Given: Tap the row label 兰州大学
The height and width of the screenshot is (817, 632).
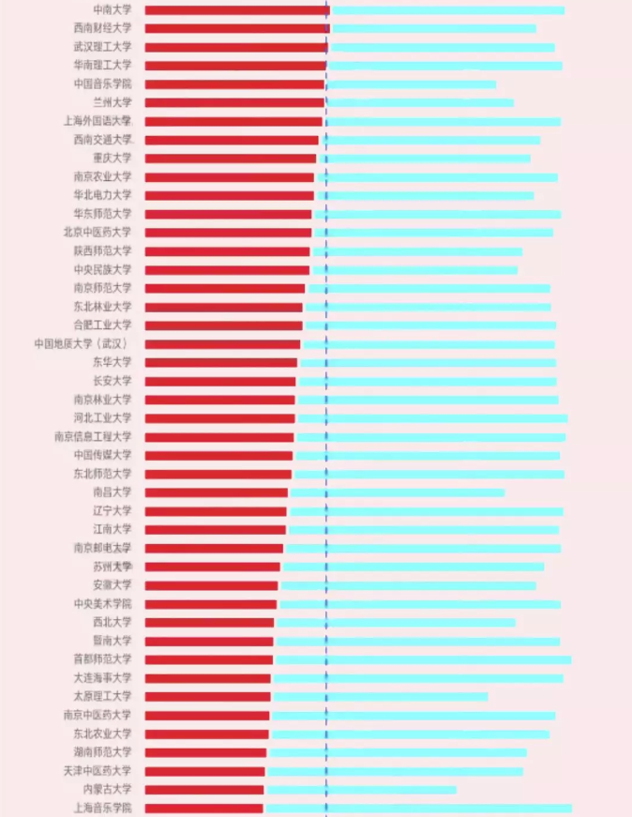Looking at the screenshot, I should [x=113, y=102].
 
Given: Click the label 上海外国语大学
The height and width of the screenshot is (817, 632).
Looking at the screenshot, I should [x=98, y=121].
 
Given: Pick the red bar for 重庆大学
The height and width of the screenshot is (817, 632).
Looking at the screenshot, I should [x=231, y=159].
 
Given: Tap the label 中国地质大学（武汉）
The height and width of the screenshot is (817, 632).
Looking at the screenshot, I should [x=83, y=344].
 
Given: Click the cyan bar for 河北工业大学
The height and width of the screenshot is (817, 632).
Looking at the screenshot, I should [x=432, y=418].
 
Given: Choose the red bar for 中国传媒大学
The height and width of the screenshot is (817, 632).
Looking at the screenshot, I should [x=218, y=456].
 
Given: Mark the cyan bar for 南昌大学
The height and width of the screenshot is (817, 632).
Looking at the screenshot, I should [x=398, y=492].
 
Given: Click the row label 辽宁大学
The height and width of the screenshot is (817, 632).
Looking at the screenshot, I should [x=113, y=511].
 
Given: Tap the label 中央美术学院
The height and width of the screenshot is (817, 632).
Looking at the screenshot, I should [x=102, y=604].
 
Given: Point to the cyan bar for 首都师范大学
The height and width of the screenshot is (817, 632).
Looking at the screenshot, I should [x=423, y=660].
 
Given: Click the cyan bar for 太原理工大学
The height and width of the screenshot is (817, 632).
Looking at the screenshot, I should [x=381, y=697].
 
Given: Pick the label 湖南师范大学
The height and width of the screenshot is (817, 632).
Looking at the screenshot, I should [x=102, y=752].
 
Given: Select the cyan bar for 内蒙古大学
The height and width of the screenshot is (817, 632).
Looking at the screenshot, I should [x=361, y=790].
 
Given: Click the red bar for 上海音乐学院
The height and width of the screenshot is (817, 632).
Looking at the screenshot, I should [x=203, y=809].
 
